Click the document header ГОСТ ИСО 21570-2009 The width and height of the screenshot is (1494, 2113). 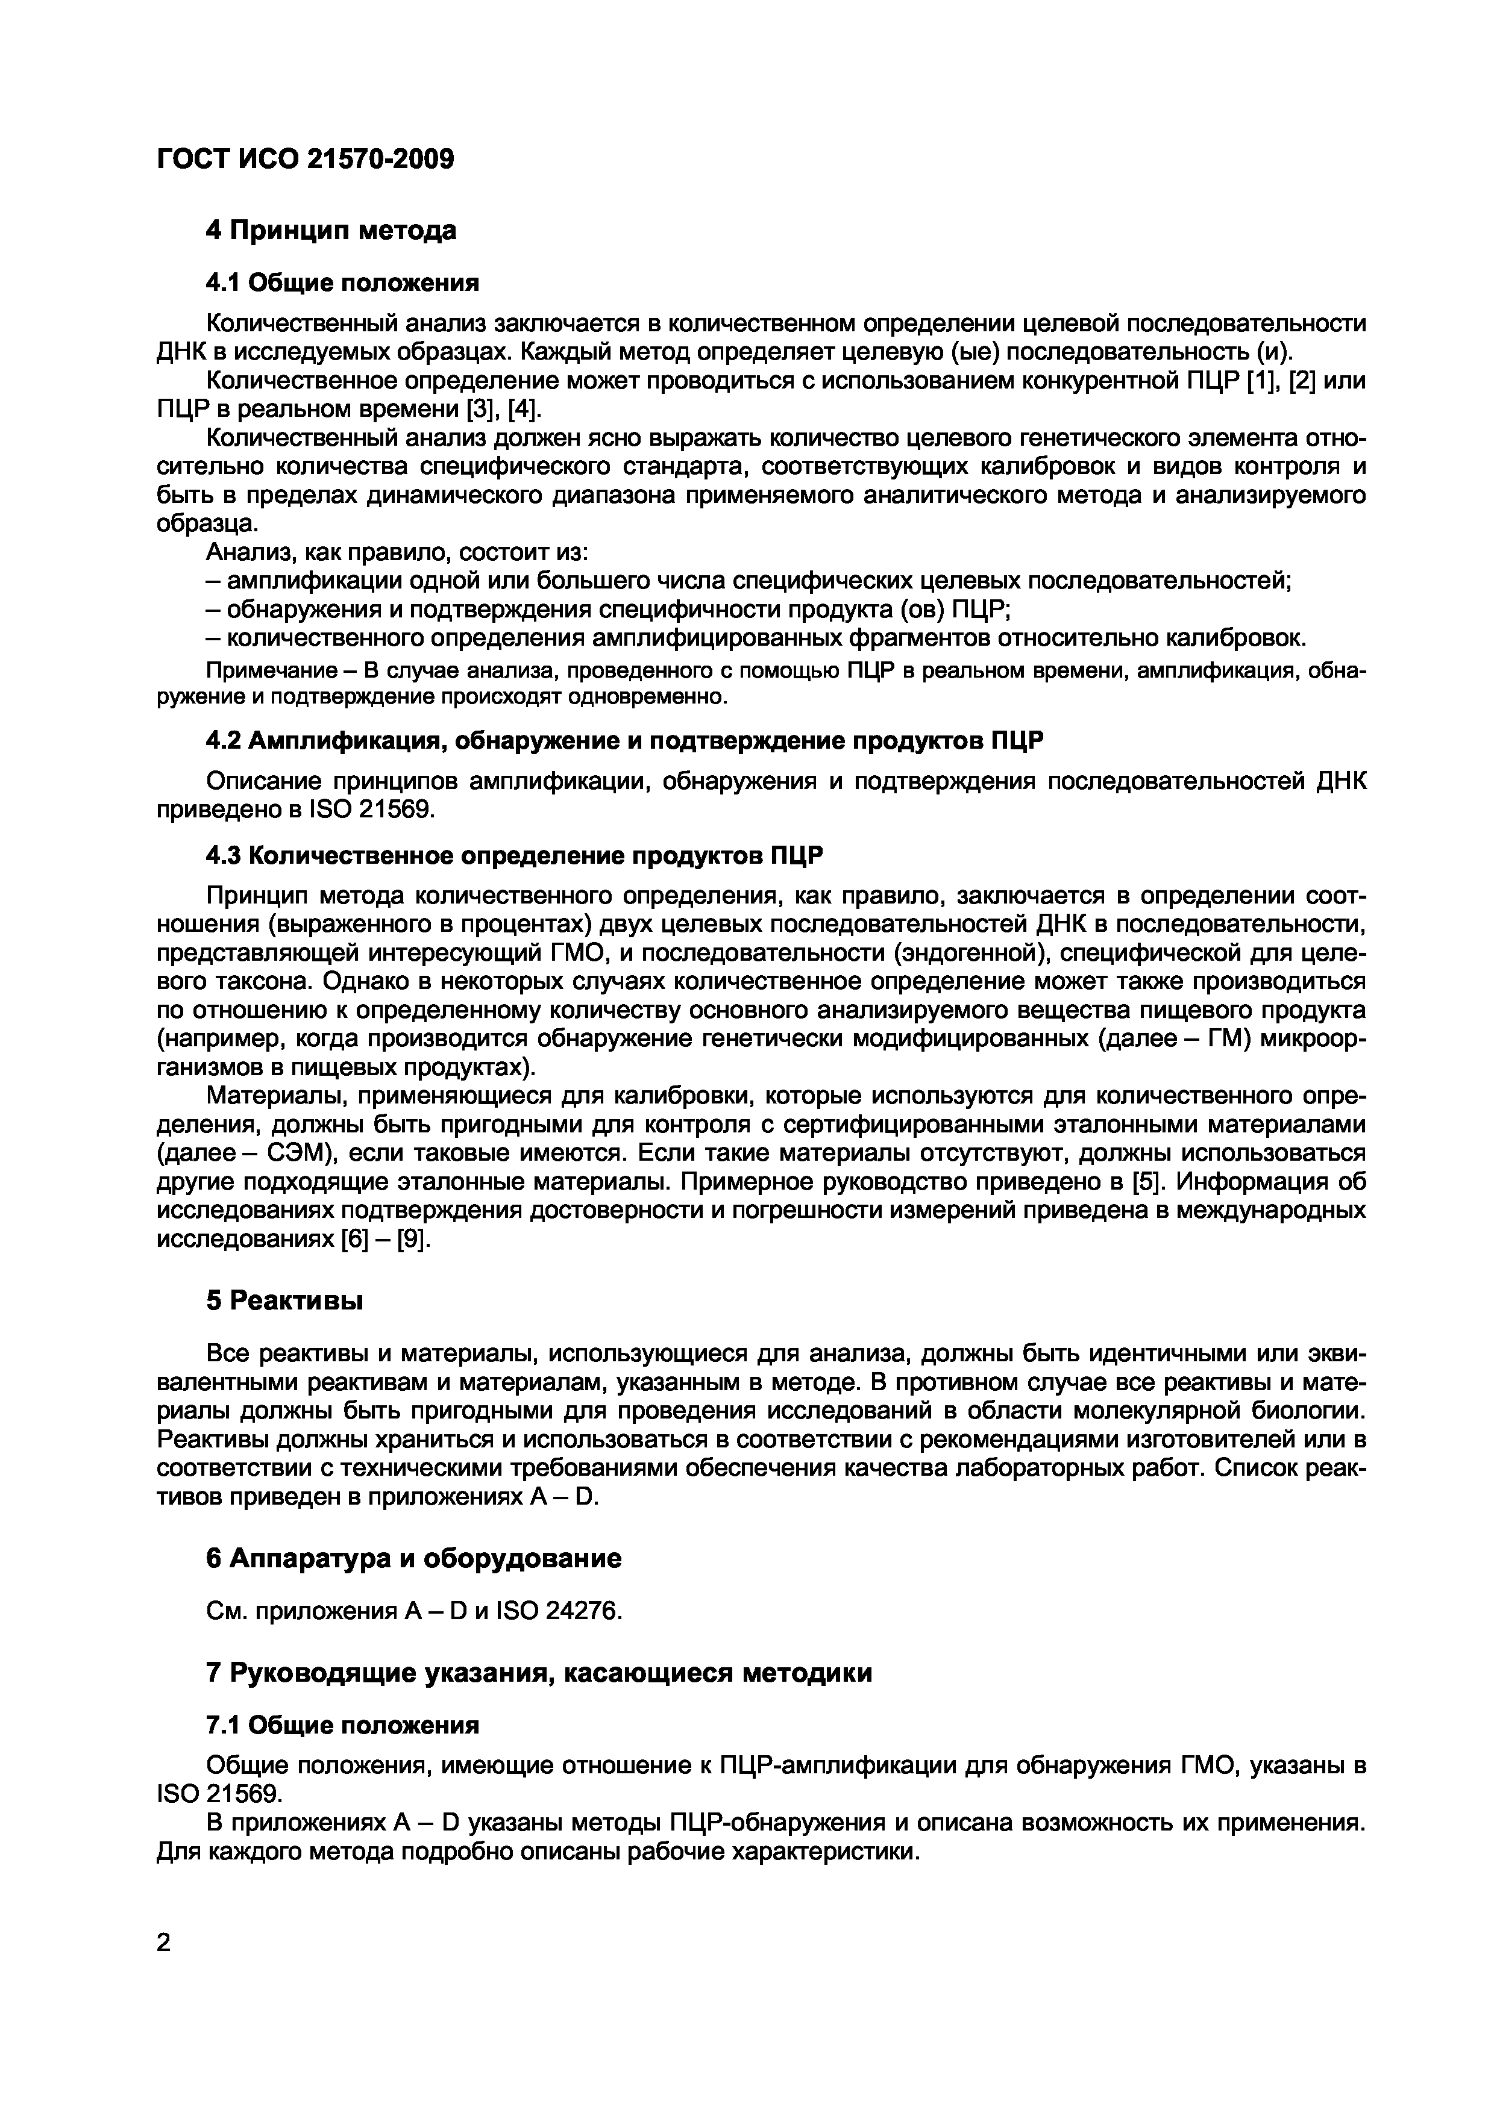coord(306,159)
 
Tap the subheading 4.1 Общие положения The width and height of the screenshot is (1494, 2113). coord(342,282)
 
